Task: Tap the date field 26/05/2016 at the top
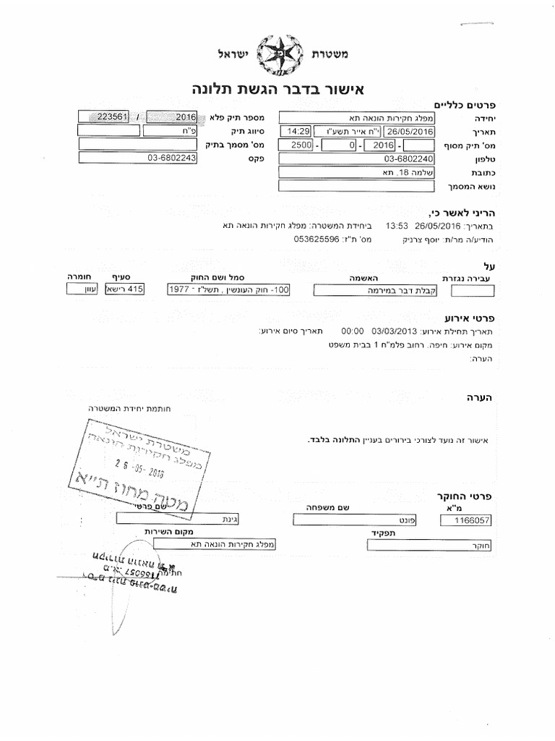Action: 409,131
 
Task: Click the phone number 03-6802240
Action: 356,158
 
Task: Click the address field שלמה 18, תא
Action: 356,172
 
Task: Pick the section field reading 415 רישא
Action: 126,289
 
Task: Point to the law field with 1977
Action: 228,289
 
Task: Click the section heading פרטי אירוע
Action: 468,318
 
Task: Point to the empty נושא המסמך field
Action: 356,186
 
